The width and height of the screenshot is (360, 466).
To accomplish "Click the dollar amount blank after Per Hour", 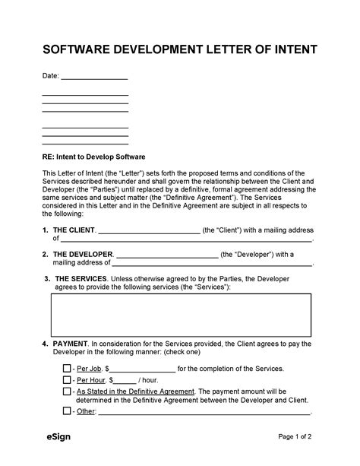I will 125,380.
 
